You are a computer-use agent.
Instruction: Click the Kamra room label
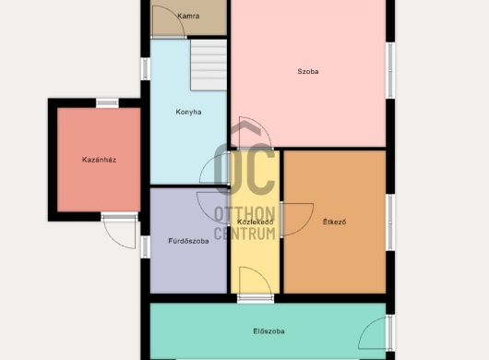pos(188,16)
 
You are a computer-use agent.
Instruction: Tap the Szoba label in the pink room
pos(308,71)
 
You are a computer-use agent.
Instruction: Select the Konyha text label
pos(188,112)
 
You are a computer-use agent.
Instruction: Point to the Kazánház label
pos(99,160)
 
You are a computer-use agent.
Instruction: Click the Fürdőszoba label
pos(188,241)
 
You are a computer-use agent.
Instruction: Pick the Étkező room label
pos(334,222)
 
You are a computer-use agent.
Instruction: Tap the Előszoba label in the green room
pos(268,331)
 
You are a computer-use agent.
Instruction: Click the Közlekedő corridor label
pos(255,222)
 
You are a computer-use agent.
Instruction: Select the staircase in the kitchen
pos(209,65)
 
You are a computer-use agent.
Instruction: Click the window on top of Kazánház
pos(107,103)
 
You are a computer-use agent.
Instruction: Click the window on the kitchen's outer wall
pos(146,68)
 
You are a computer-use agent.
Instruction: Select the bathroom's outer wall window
pos(146,246)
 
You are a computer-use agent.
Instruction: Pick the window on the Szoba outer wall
pos(390,70)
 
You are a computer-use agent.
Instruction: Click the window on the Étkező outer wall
pos(390,222)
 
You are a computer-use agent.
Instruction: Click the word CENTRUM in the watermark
pos(244,234)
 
